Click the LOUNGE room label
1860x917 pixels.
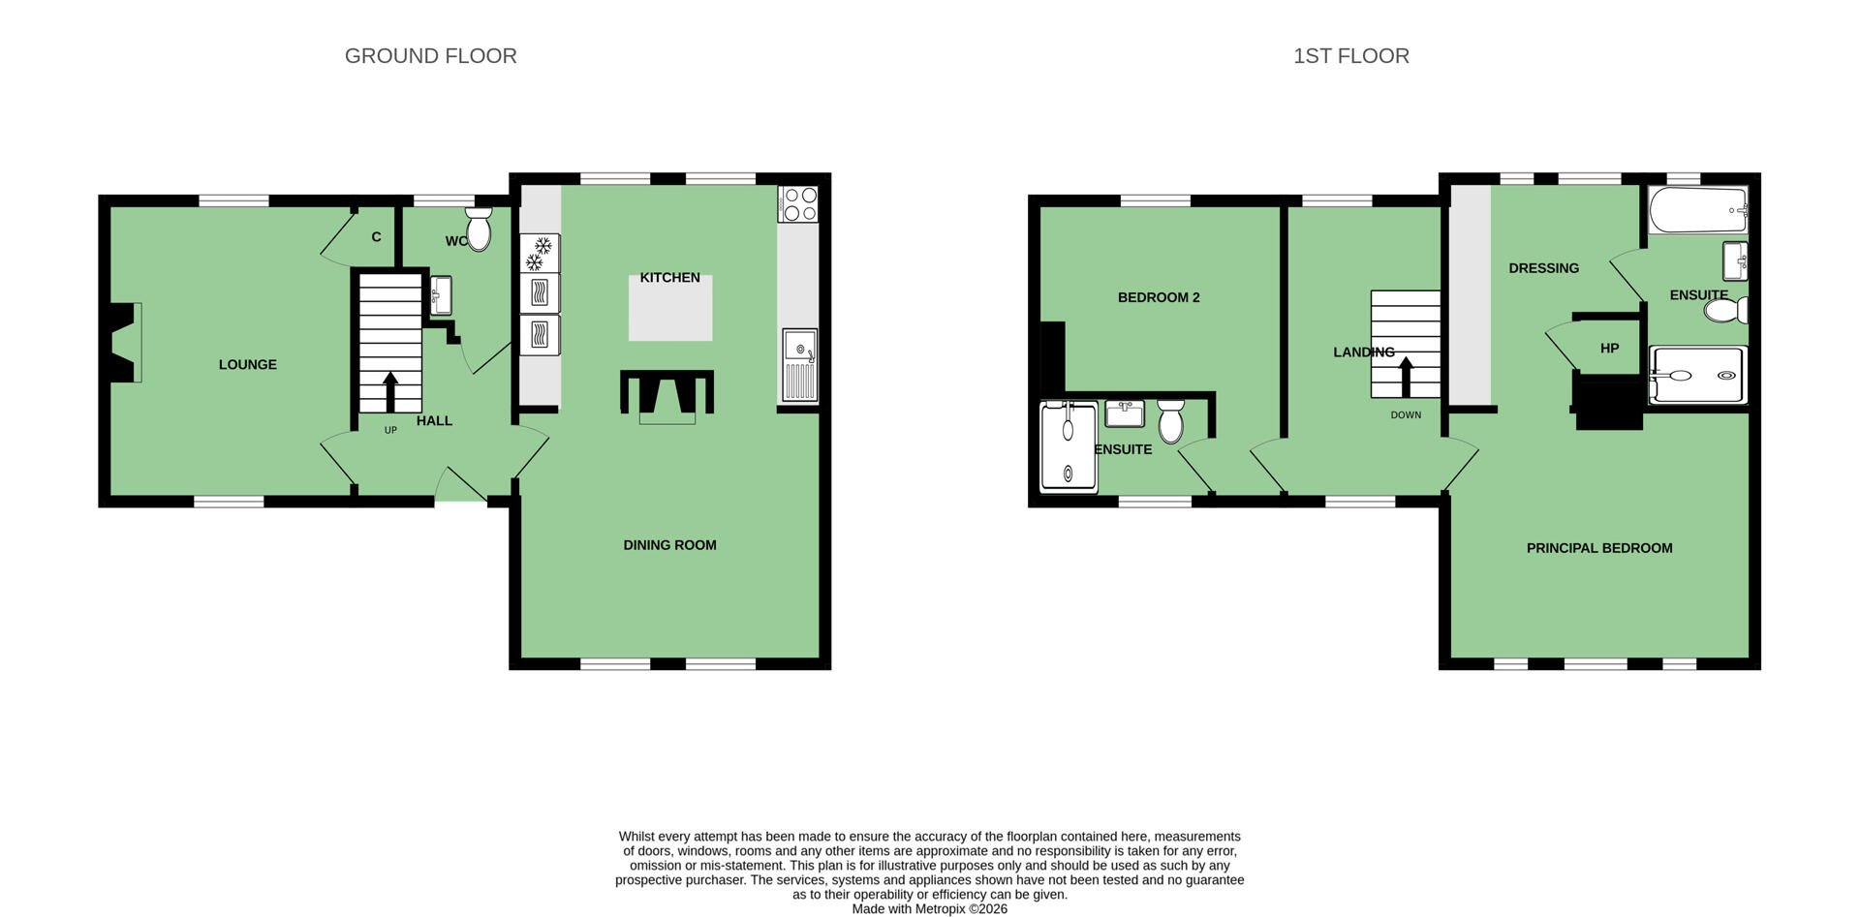[x=248, y=365]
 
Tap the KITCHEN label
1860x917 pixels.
[x=669, y=278]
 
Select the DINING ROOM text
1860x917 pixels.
[x=669, y=545]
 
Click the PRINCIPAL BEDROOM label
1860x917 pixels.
[x=1599, y=548]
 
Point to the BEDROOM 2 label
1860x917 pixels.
[x=1159, y=297]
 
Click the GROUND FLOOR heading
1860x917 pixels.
[x=431, y=56]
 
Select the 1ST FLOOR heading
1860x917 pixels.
[x=1351, y=56]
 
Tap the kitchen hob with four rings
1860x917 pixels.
[x=799, y=203]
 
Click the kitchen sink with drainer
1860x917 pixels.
[x=800, y=365]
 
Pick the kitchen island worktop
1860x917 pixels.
[x=670, y=308]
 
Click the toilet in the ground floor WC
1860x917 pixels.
[x=479, y=229]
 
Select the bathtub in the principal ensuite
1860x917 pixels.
[x=1698, y=209]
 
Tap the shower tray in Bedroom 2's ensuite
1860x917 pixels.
[x=1069, y=447]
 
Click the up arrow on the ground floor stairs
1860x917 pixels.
[x=390, y=392]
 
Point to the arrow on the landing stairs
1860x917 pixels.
[x=1406, y=377]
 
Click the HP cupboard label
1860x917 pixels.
[x=1609, y=349]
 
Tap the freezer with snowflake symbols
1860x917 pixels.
[x=540, y=253]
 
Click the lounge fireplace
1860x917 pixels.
[x=124, y=343]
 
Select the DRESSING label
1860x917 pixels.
[x=1543, y=268]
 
